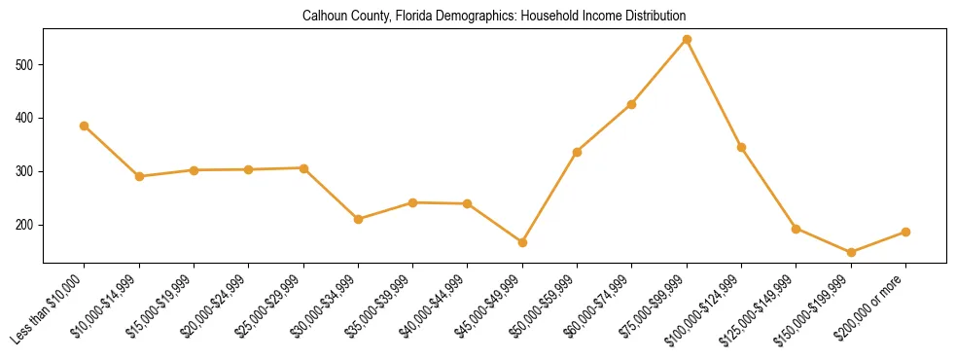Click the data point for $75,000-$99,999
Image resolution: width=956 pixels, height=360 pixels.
click(x=687, y=40)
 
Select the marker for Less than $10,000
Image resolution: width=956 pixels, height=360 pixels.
click(x=85, y=126)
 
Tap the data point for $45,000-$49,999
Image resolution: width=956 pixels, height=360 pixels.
click(x=522, y=242)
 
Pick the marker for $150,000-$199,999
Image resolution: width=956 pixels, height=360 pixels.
click(x=851, y=252)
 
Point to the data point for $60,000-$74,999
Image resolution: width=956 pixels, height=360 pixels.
click(x=632, y=104)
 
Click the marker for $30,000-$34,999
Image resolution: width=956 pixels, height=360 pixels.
click(x=358, y=219)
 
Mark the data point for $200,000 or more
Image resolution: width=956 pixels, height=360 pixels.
click(x=905, y=232)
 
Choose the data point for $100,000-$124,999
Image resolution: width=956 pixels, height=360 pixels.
click(x=741, y=147)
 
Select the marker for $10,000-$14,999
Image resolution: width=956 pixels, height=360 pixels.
click(x=139, y=176)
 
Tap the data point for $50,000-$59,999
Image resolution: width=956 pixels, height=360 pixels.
click(x=577, y=152)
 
